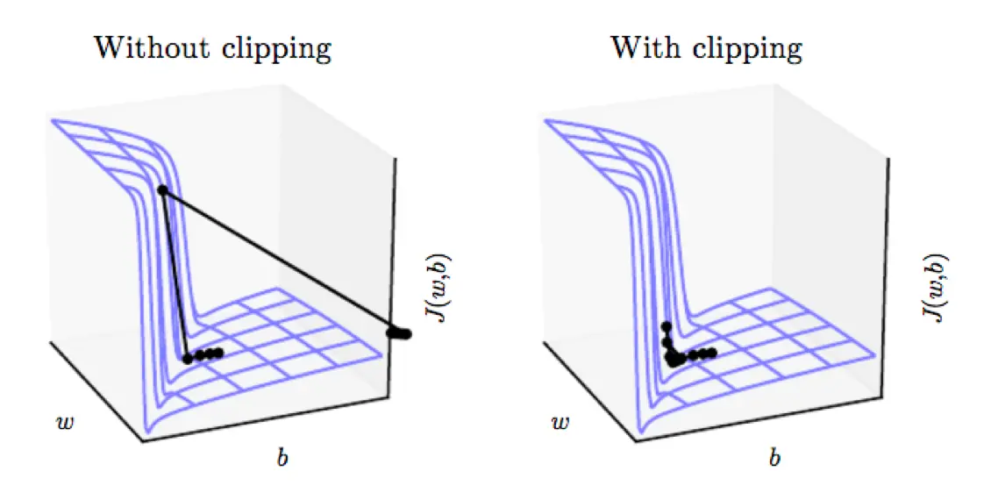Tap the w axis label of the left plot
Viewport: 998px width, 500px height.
point(66,423)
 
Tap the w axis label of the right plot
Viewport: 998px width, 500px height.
point(560,423)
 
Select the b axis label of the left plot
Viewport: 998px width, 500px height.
point(282,455)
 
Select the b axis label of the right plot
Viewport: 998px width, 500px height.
point(774,455)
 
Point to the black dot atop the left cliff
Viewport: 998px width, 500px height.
point(162,189)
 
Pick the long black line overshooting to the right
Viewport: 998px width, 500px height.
point(281,261)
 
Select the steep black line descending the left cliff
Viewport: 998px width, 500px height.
point(175,274)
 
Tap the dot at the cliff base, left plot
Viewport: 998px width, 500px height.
point(187,358)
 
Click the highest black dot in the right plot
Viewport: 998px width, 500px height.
point(666,327)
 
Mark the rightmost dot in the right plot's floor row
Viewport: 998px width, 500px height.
point(713,353)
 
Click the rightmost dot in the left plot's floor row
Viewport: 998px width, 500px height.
point(218,353)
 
